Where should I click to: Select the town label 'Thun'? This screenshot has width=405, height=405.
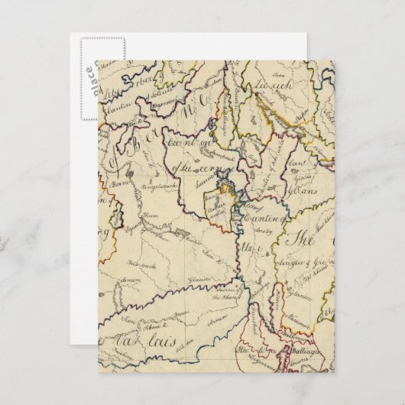(152, 217)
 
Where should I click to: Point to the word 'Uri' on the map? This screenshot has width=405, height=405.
(247, 248)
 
